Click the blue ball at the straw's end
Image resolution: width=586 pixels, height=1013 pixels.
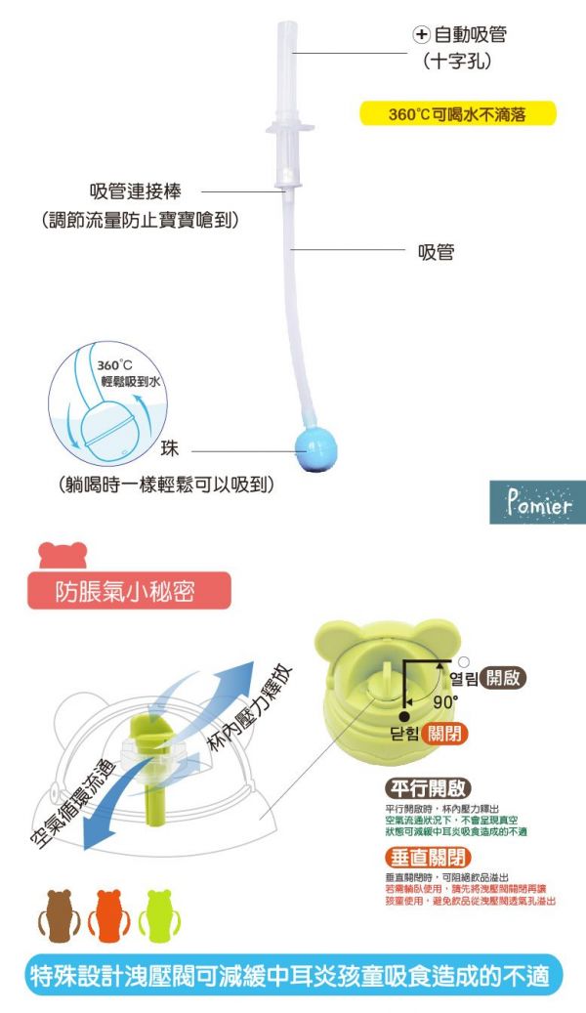pyautogui.click(x=314, y=447)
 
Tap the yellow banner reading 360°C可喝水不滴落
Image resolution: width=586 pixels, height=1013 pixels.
pyautogui.click(x=458, y=114)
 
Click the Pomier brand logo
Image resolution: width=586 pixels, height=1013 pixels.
pyautogui.click(x=537, y=505)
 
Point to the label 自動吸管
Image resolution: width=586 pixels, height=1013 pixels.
pyautogui.click(x=470, y=34)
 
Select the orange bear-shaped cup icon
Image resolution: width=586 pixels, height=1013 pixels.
pyautogui.click(x=105, y=914)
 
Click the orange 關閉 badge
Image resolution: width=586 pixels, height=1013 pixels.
pyautogui.click(x=446, y=734)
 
